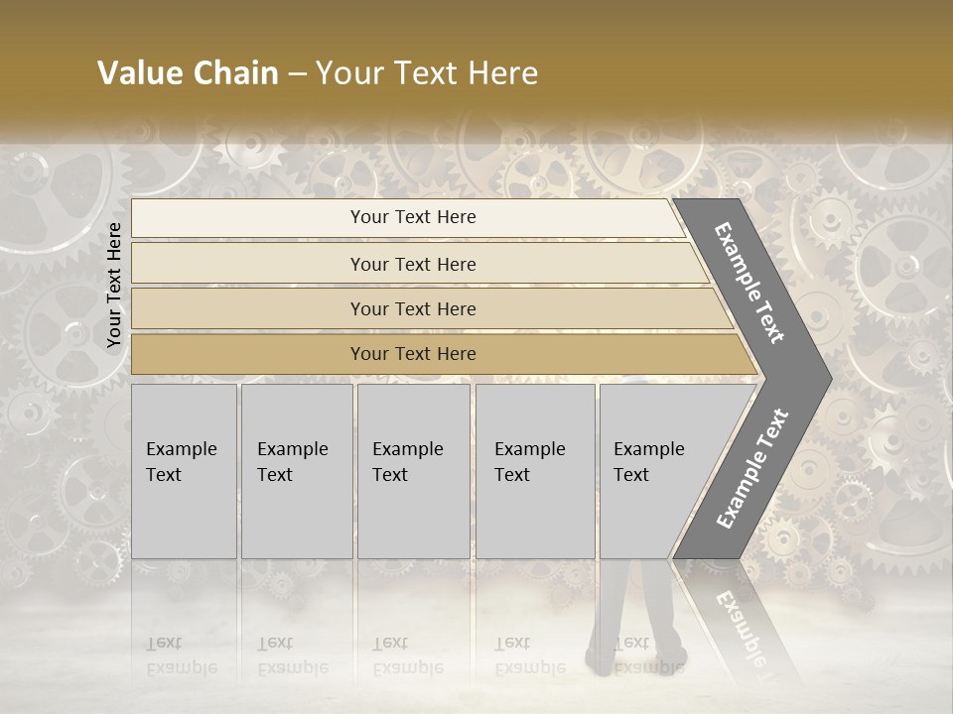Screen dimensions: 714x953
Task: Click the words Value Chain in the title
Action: click(188, 73)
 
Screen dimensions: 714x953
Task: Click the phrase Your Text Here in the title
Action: click(427, 73)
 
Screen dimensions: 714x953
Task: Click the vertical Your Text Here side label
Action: click(114, 286)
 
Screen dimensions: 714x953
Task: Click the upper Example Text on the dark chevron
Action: click(750, 283)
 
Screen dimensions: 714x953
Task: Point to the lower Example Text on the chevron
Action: click(752, 468)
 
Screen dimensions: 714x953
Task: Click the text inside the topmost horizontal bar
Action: click(413, 217)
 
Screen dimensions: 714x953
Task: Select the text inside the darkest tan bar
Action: click(413, 354)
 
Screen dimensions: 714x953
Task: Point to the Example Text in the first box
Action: click(181, 462)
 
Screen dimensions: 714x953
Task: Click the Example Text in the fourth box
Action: click(529, 462)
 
